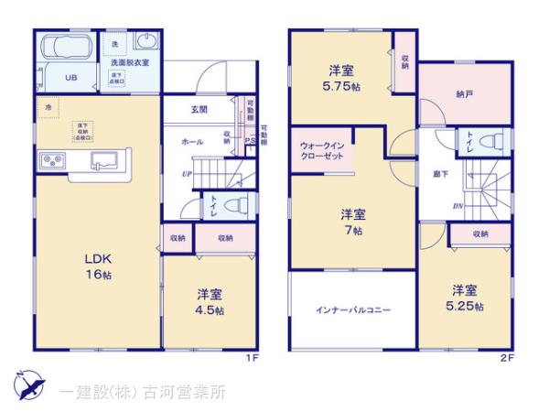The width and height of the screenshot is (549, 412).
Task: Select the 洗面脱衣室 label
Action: tap(129, 63)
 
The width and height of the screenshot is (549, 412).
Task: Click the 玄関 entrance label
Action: tap(199, 110)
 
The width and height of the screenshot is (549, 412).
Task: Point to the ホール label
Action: tap(192, 143)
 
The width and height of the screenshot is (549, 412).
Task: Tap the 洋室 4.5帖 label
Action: tap(210, 302)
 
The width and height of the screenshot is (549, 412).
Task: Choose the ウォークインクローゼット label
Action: tap(321, 152)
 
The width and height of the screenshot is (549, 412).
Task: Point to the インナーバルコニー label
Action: tap(354, 310)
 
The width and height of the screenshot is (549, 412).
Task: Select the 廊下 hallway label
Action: tap(439, 171)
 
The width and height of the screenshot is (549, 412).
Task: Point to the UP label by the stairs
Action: tap(187, 174)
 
